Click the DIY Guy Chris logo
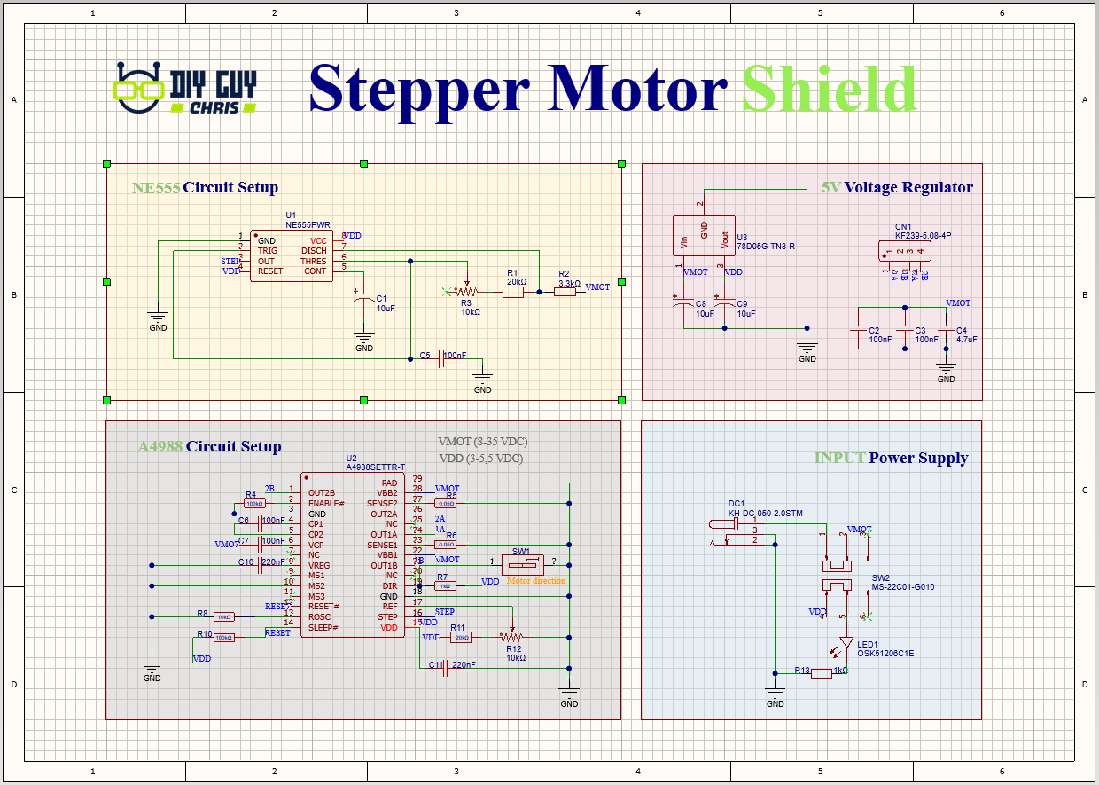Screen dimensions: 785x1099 186,90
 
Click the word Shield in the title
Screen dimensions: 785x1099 829,90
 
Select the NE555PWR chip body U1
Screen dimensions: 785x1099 292,256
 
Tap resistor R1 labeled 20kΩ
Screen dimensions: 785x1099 514,291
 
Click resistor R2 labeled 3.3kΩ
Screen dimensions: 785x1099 565,291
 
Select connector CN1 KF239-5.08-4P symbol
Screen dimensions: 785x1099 903,251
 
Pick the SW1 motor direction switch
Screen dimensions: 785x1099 522,563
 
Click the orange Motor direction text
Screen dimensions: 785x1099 536,581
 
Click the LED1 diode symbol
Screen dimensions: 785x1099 846,642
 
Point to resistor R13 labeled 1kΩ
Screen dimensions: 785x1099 821,673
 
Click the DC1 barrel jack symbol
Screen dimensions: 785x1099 727,530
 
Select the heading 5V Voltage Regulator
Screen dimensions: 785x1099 897,187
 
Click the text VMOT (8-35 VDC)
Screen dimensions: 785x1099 483,441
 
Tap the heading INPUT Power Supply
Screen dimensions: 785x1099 891,458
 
